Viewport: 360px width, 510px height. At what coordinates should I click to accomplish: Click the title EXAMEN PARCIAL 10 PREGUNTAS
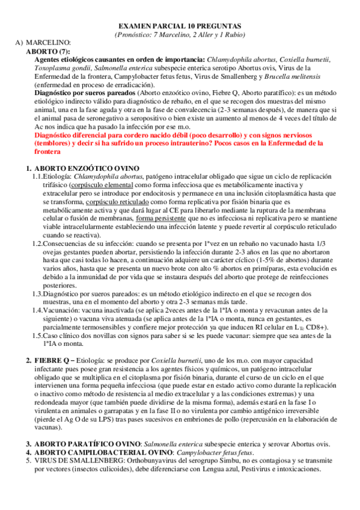[178, 26]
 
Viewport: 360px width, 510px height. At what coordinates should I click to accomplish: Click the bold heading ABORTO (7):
[45, 52]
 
